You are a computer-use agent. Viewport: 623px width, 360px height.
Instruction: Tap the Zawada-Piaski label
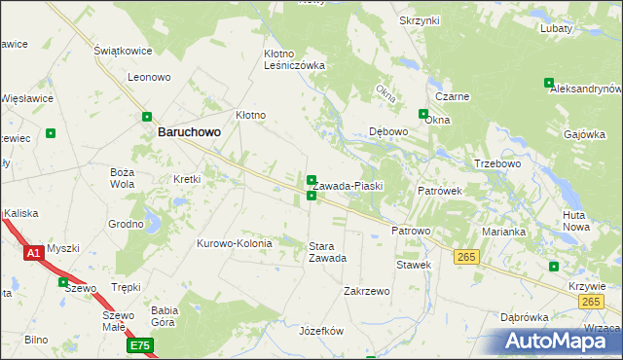(348, 186)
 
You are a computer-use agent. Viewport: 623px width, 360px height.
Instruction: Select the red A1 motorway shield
(33, 253)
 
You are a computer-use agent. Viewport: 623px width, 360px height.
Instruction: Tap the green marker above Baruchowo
(148, 114)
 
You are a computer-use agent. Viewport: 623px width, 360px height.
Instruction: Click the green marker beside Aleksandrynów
(549, 84)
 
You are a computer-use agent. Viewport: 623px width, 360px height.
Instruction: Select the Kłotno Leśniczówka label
(294, 59)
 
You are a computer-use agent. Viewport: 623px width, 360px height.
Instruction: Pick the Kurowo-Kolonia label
(236, 243)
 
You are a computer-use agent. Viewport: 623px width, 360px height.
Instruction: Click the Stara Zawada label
(327, 252)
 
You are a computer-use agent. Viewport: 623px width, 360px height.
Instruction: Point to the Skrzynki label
(420, 20)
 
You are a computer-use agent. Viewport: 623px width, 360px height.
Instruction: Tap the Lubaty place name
(556, 28)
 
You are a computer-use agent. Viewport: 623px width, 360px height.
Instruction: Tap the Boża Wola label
(122, 177)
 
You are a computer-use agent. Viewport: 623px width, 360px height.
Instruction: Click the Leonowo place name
(149, 76)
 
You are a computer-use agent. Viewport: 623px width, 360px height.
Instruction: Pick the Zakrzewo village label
(367, 291)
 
